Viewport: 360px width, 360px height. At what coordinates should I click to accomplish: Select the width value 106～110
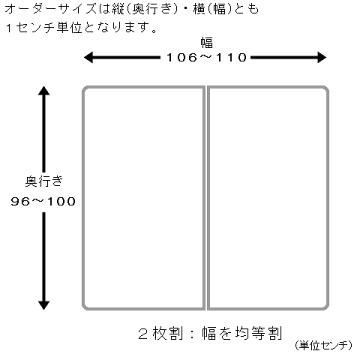[206, 57]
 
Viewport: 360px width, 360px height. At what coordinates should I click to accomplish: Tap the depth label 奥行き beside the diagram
[44, 180]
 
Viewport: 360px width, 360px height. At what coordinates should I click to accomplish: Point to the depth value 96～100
[43, 201]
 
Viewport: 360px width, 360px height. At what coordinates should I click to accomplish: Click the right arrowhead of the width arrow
[321, 58]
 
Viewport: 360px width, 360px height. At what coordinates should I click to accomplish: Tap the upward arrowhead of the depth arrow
[44, 91]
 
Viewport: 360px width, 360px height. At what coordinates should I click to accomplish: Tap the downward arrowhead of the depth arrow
[44, 303]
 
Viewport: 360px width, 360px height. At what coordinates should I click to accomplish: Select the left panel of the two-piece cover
[143, 197]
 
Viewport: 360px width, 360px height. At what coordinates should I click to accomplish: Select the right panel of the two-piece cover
[268, 197]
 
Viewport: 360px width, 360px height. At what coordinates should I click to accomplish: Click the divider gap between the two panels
[206, 197]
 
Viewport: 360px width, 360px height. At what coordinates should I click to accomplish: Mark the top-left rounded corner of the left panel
[86, 90]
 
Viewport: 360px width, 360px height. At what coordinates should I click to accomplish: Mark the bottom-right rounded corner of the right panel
[325, 305]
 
